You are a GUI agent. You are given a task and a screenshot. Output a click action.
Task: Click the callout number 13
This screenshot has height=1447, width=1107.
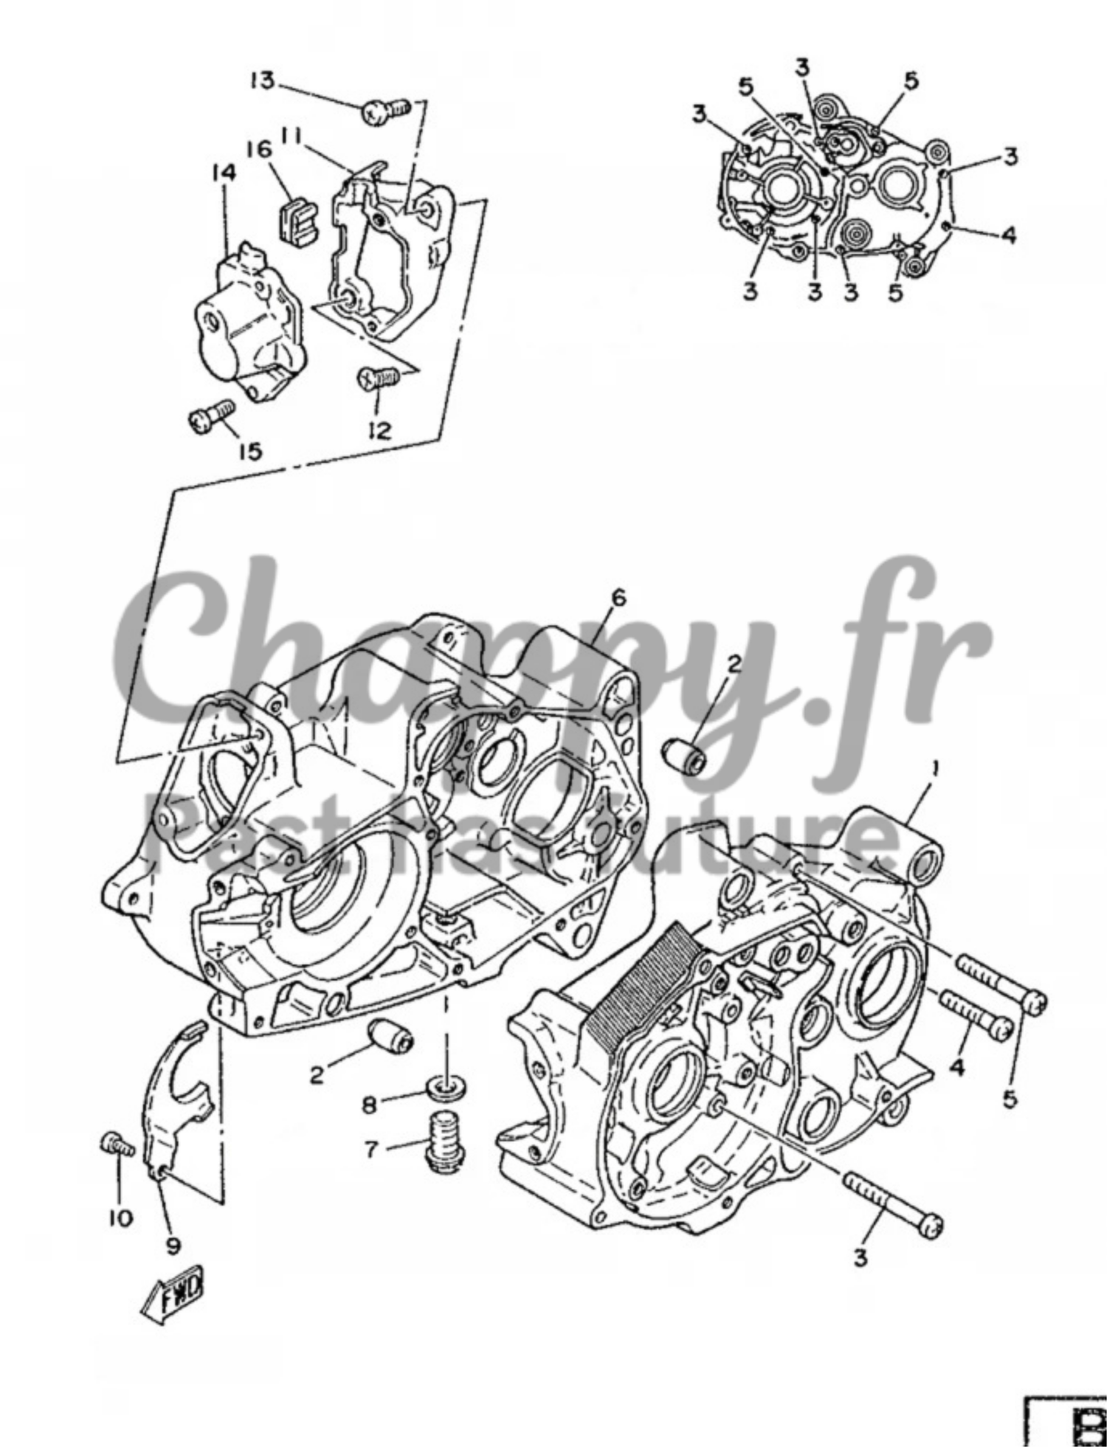coord(261,80)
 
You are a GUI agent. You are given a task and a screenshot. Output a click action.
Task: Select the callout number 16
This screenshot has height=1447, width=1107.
coord(259,150)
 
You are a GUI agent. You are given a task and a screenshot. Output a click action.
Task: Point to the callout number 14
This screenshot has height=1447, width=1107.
coord(224,173)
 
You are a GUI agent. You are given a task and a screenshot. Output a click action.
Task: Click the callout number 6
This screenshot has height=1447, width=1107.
coord(618,598)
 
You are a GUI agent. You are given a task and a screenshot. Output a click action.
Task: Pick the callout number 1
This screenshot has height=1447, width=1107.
coord(935,769)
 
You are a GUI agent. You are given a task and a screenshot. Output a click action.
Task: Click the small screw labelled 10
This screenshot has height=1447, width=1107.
coord(117,1145)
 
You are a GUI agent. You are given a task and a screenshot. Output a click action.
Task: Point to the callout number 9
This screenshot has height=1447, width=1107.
coord(173,1246)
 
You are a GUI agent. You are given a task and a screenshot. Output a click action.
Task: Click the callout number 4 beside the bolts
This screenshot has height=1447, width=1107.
coord(957,1068)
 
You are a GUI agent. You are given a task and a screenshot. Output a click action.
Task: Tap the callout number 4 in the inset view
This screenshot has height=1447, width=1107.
coord(1009,235)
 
